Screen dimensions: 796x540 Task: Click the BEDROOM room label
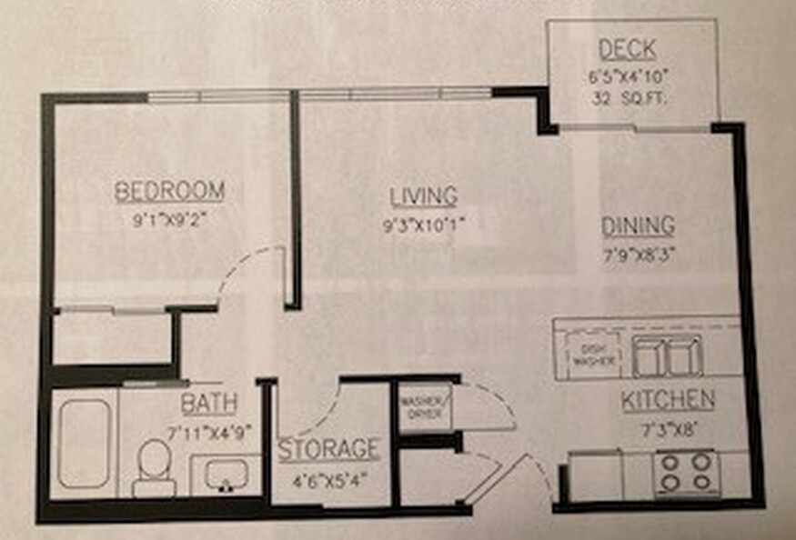pos(169,191)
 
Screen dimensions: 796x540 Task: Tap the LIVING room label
pos(424,197)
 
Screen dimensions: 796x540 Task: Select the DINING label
pos(638,226)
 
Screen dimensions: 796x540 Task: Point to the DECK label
pos(628,49)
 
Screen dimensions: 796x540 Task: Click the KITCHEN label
pos(668,400)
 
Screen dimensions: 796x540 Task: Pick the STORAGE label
pos(329,449)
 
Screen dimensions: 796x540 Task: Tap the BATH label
pos(209,404)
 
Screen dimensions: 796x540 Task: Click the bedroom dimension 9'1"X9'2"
pos(170,221)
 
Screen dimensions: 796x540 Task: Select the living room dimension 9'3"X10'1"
pos(424,225)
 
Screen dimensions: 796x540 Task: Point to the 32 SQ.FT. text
pos(628,98)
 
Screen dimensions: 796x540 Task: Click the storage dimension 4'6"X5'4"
pos(329,480)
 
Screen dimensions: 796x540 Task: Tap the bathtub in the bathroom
pos(85,444)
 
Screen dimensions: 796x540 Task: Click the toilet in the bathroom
pos(155,468)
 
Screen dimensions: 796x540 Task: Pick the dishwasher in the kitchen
pos(593,355)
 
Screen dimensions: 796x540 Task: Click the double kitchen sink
pos(668,356)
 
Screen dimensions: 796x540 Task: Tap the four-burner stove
pos(686,473)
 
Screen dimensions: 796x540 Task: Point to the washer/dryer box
pos(426,407)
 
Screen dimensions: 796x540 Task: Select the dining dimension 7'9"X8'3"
pos(639,255)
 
